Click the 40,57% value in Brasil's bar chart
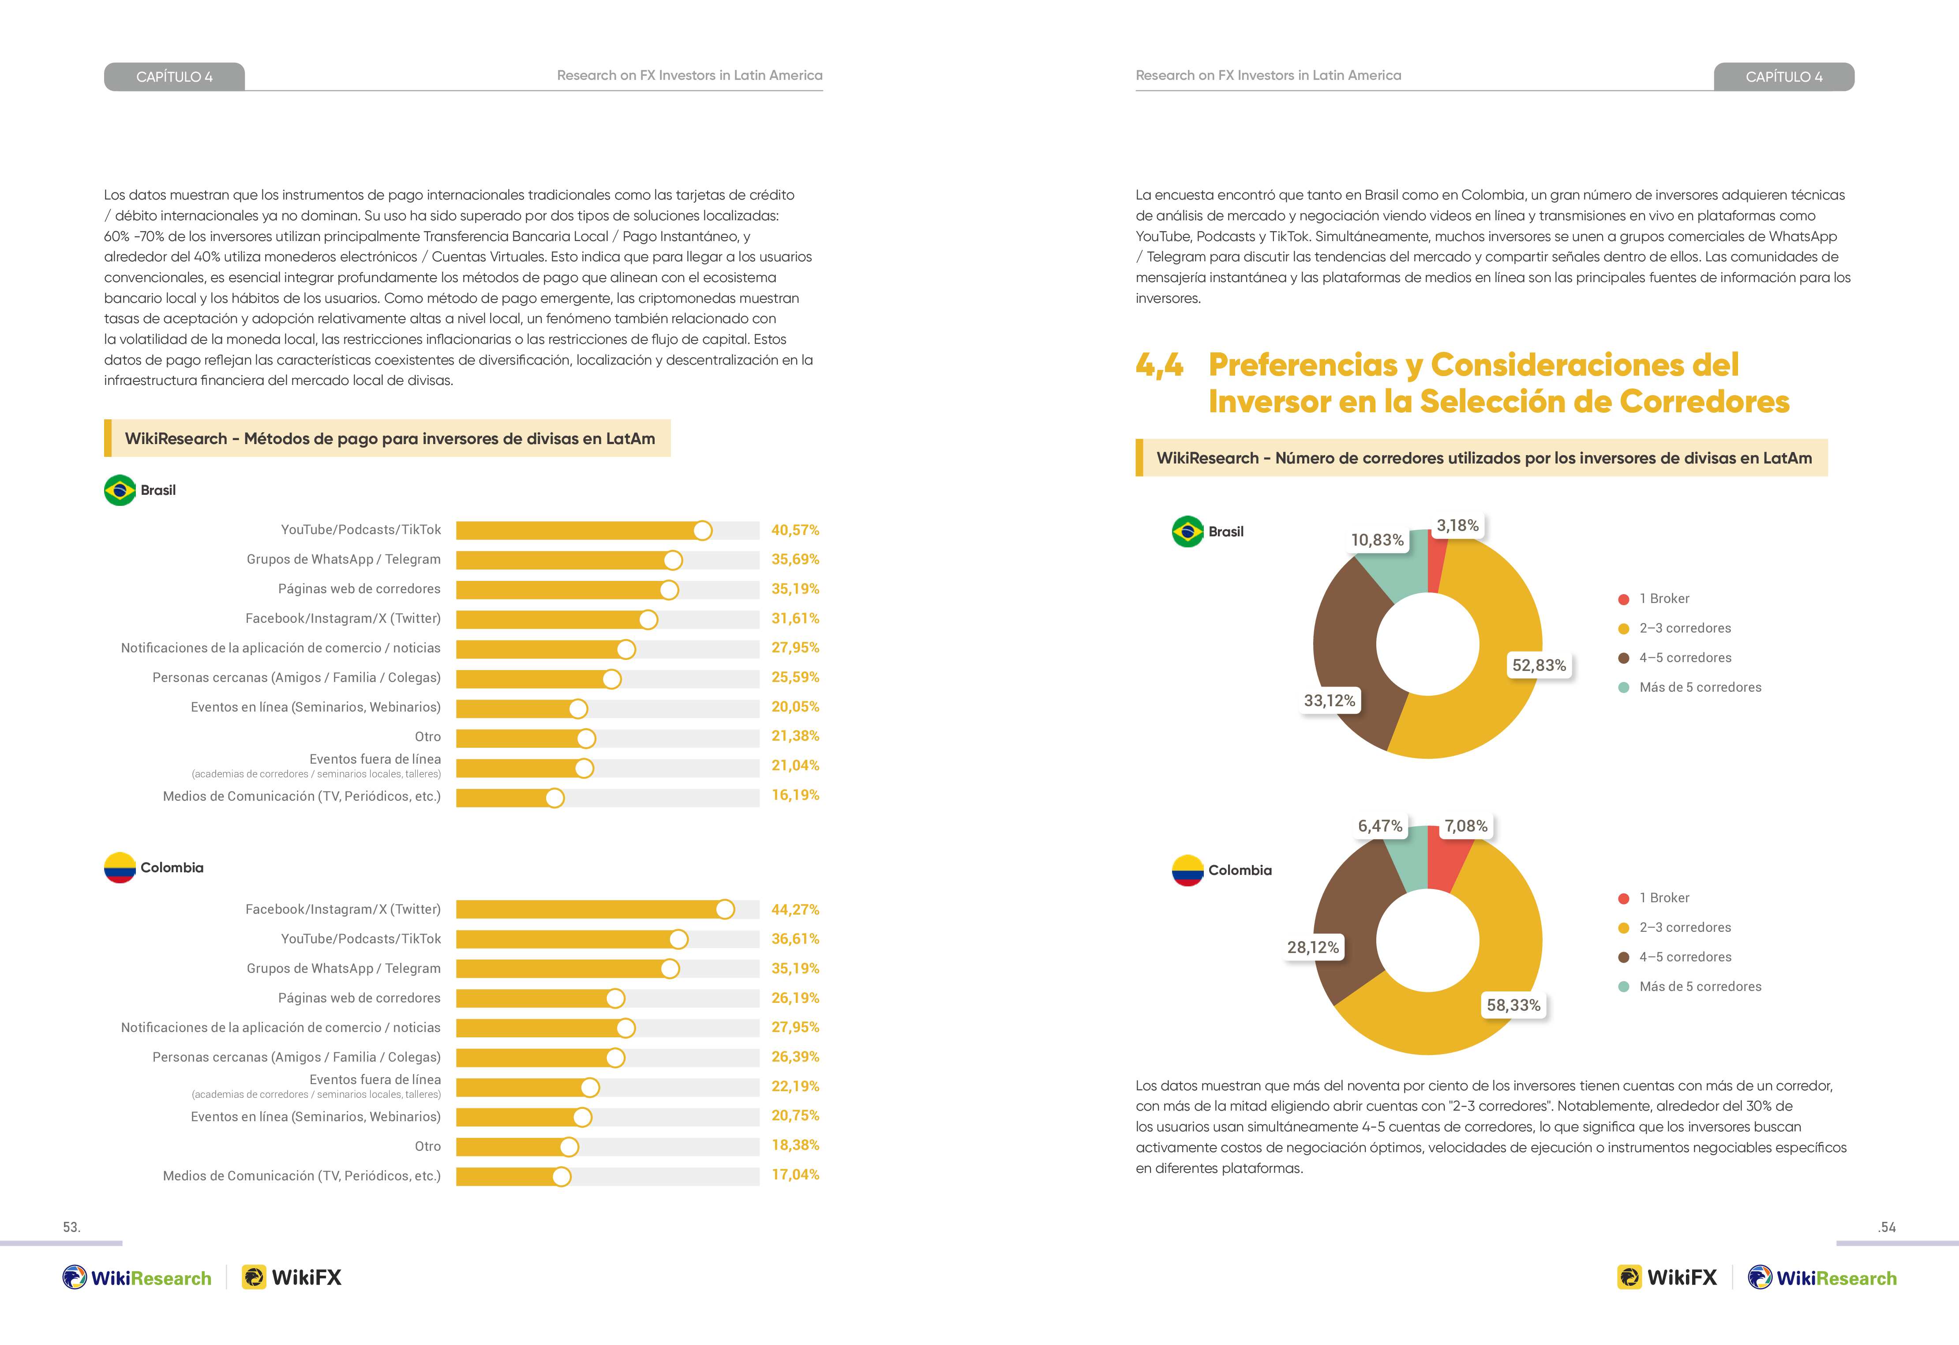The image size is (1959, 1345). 795,531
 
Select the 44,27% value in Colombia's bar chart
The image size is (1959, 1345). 795,910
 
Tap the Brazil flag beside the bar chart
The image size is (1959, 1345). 120,490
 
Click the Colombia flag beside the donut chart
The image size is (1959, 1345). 1187,870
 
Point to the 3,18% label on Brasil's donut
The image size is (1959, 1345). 1457,525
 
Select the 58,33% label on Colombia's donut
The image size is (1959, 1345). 1513,1005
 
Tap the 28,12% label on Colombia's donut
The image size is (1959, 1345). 1312,948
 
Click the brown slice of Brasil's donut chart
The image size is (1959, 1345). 1345,649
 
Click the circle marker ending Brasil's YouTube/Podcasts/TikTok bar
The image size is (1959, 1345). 702,531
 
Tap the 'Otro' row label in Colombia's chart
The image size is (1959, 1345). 427,1146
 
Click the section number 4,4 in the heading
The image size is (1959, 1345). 1159,365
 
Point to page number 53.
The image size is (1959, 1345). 71,1227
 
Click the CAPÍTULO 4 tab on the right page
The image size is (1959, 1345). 1784,77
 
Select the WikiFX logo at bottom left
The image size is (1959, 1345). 292,1277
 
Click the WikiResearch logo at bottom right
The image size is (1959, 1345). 1822,1277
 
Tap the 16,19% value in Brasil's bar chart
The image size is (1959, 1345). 795,795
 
